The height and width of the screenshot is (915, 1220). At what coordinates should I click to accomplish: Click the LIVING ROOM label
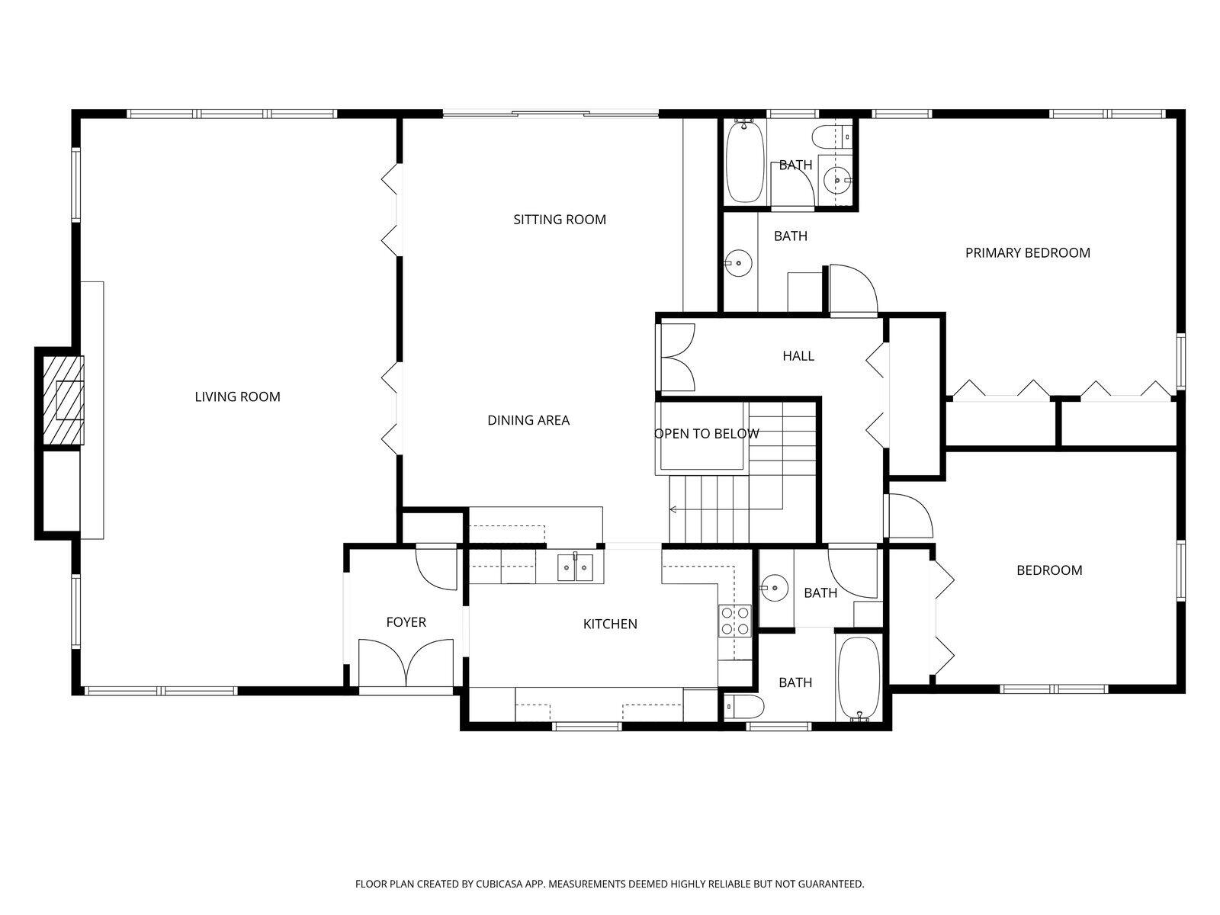point(237,396)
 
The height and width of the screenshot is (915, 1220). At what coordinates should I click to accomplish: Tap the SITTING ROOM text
point(559,220)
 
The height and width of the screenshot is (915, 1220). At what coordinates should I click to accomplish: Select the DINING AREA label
point(528,420)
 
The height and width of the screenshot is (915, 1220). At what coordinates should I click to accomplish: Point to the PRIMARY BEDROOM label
point(1027,252)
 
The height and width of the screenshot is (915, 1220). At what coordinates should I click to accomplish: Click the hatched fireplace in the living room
point(62,400)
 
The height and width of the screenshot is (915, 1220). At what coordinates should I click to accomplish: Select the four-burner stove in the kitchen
point(734,620)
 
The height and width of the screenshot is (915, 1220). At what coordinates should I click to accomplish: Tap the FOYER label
point(406,622)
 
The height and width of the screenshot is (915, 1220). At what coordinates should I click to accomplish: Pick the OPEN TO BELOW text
point(706,434)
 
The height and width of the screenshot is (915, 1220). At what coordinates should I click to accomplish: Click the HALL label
point(798,355)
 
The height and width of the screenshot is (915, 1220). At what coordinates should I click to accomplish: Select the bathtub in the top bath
point(744,162)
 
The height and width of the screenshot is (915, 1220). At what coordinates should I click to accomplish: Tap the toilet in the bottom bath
point(743,707)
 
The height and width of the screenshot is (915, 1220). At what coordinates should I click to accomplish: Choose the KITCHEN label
point(609,624)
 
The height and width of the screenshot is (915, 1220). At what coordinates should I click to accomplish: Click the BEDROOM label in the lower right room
point(1048,570)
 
